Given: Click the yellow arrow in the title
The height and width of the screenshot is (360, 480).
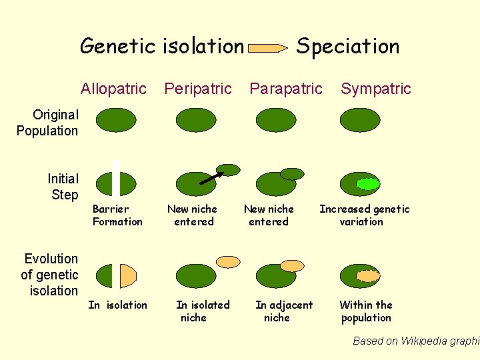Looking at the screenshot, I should pyautogui.click(x=269, y=48).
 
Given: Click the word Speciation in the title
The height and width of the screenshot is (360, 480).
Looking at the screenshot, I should pyautogui.click(x=347, y=46).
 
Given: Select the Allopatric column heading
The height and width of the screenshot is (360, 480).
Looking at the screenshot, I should pyautogui.click(x=113, y=89).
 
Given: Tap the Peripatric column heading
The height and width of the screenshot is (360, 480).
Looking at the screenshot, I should pyautogui.click(x=198, y=89).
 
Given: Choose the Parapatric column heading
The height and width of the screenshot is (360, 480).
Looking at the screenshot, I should pyautogui.click(x=285, y=89).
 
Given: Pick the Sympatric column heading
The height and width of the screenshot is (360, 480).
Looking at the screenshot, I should pyautogui.click(x=376, y=89).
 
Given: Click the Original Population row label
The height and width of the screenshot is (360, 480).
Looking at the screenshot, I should pyautogui.click(x=47, y=123).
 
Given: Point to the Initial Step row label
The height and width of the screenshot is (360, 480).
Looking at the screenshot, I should pyautogui.click(x=63, y=187).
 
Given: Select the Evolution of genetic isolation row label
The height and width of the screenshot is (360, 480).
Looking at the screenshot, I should pyautogui.click(x=50, y=275).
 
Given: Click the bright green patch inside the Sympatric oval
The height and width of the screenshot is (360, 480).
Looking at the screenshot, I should pyautogui.click(x=367, y=183).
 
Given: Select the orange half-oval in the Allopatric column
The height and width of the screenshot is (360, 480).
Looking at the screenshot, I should pyautogui.click(x=127, y=275).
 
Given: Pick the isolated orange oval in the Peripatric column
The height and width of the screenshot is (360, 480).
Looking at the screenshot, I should pyautogui.click(x=229, y=262).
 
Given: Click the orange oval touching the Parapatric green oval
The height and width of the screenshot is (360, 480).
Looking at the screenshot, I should pyautogui.click(x=291, y=265).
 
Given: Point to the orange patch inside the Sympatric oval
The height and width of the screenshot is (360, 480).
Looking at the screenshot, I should pyautogui.click(x=367, y=275).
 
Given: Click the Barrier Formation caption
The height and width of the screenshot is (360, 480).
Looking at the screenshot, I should pyautogui.click(x=117, y=215).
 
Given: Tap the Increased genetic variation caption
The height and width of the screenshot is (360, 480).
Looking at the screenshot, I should pyautogui.click(x=364, y=215).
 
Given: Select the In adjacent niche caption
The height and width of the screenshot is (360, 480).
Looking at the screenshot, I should pyautogui.click(x=283, y=311).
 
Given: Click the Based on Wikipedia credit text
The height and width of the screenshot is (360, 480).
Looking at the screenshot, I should pyautogui.click(x=415, y=341).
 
